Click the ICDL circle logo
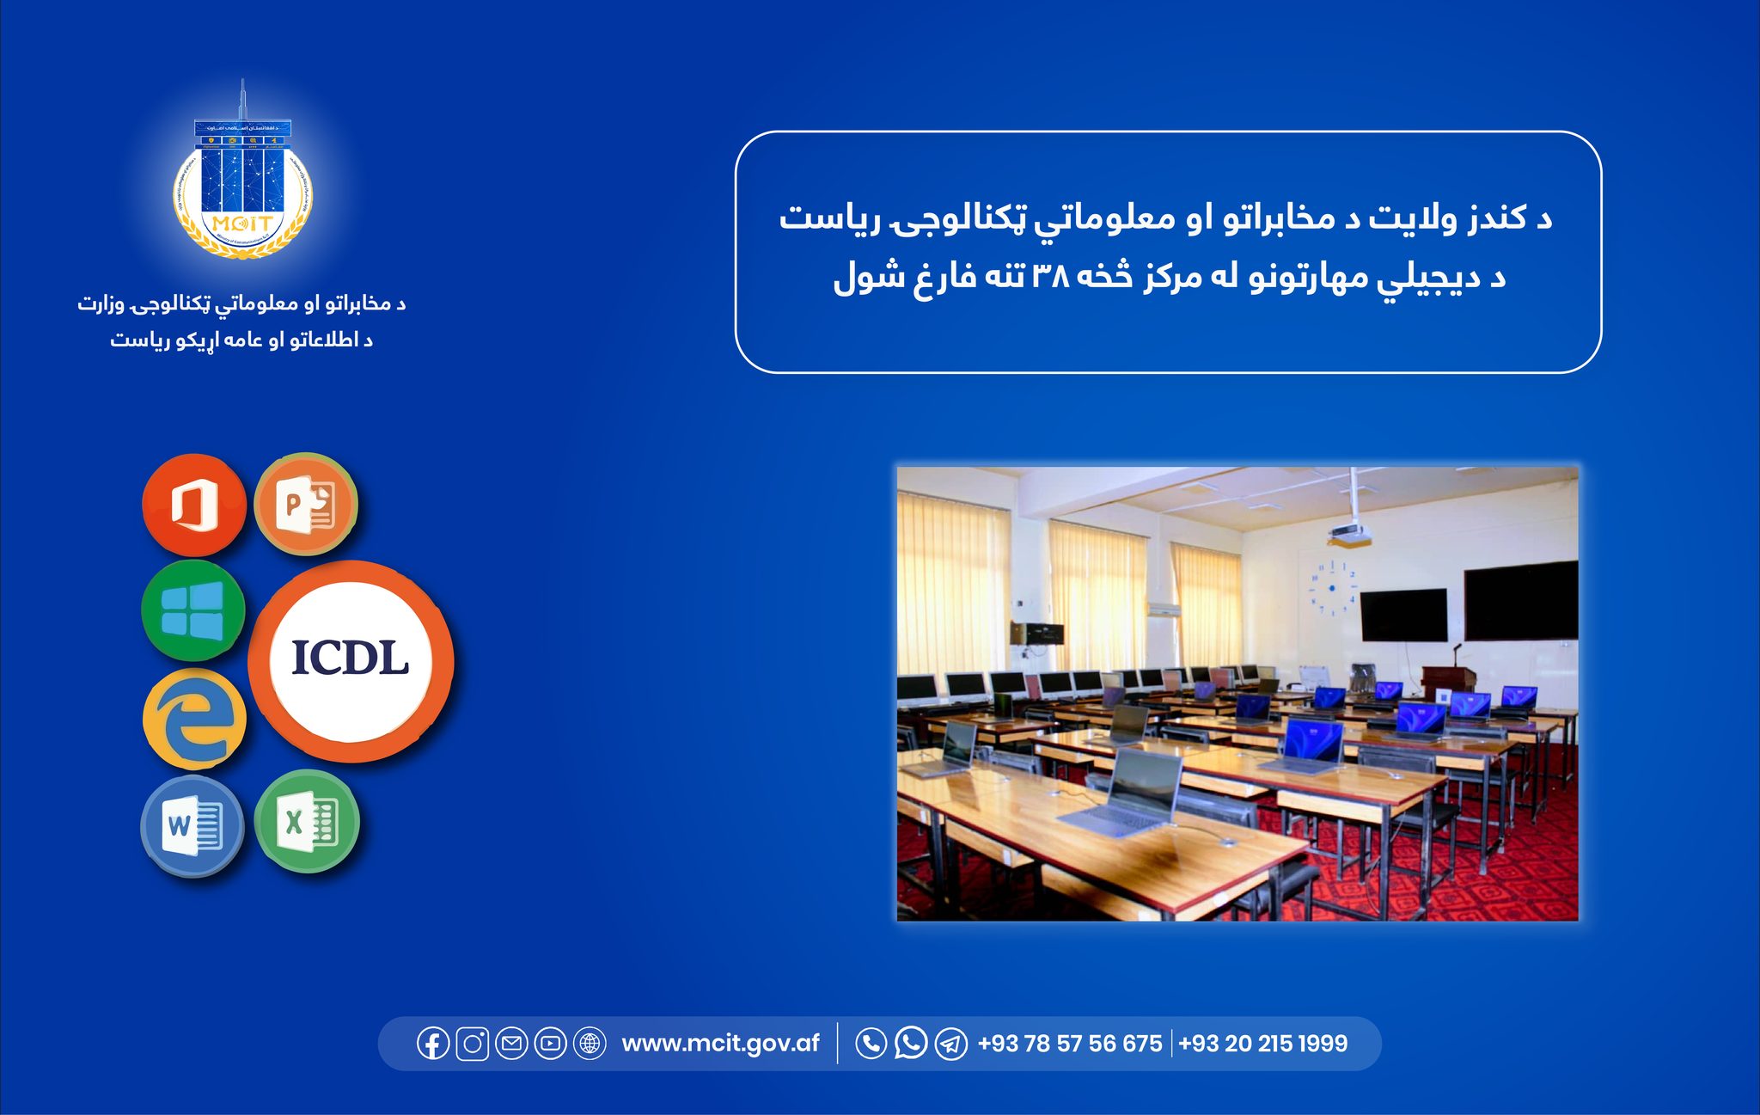point(351,660)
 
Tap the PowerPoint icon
point(306,505)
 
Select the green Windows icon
point(193,610)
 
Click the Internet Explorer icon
point(194,719)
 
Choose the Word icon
point(192,826)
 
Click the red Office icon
point(194,505)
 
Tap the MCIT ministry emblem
point(242,185)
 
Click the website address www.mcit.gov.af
point(720,1044)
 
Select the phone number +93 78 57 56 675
point(1070,1044)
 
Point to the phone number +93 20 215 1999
point(1262,1044)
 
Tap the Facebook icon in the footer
point(433,1044)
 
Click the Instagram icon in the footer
point(472,1044)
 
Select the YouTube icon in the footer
point(550,1044)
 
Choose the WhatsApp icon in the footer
point(910,1044)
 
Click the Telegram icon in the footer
point(950,1044)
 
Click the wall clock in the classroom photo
point(1331,589)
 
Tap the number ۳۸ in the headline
point(1049,276)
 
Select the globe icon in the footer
point(590,1044)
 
